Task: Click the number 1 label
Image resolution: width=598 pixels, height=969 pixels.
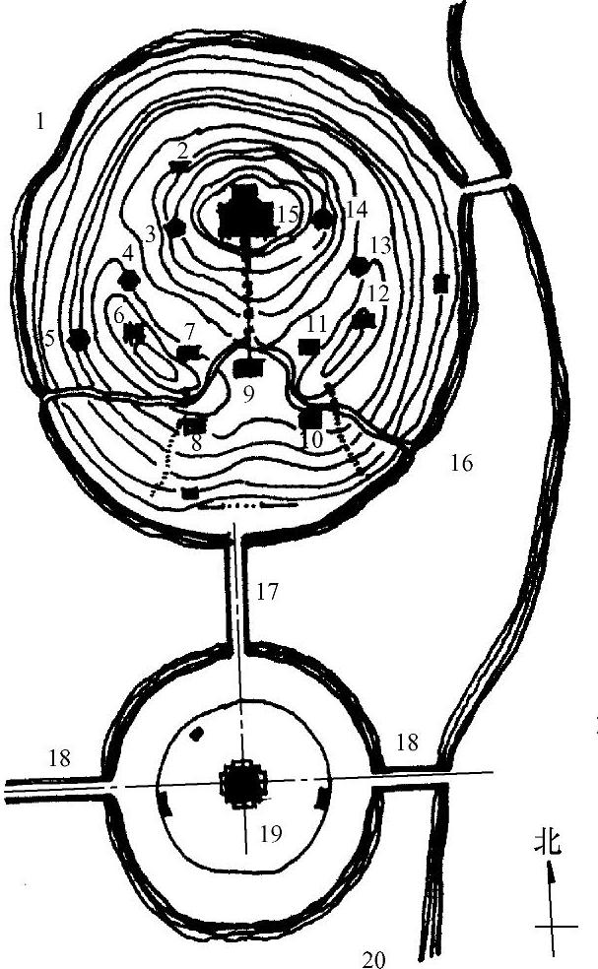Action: coord(39,122)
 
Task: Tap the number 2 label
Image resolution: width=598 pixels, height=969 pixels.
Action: coord(183,151)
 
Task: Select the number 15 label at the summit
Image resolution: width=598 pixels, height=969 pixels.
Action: coord(287,214)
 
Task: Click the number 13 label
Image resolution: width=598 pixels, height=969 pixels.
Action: coord(380,245)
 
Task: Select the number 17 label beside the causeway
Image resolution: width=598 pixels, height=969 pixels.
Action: coord(268,593)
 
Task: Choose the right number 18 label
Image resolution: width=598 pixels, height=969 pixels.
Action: coord(407,743)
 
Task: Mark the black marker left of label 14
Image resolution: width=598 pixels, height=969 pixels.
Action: coord(323,218)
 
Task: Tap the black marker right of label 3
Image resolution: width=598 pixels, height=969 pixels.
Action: coord(175,227)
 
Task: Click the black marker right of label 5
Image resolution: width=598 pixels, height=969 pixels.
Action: coord(80,338)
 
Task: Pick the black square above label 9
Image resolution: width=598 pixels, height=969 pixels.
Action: coord(249,366)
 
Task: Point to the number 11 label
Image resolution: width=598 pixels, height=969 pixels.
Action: coord(316,322)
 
